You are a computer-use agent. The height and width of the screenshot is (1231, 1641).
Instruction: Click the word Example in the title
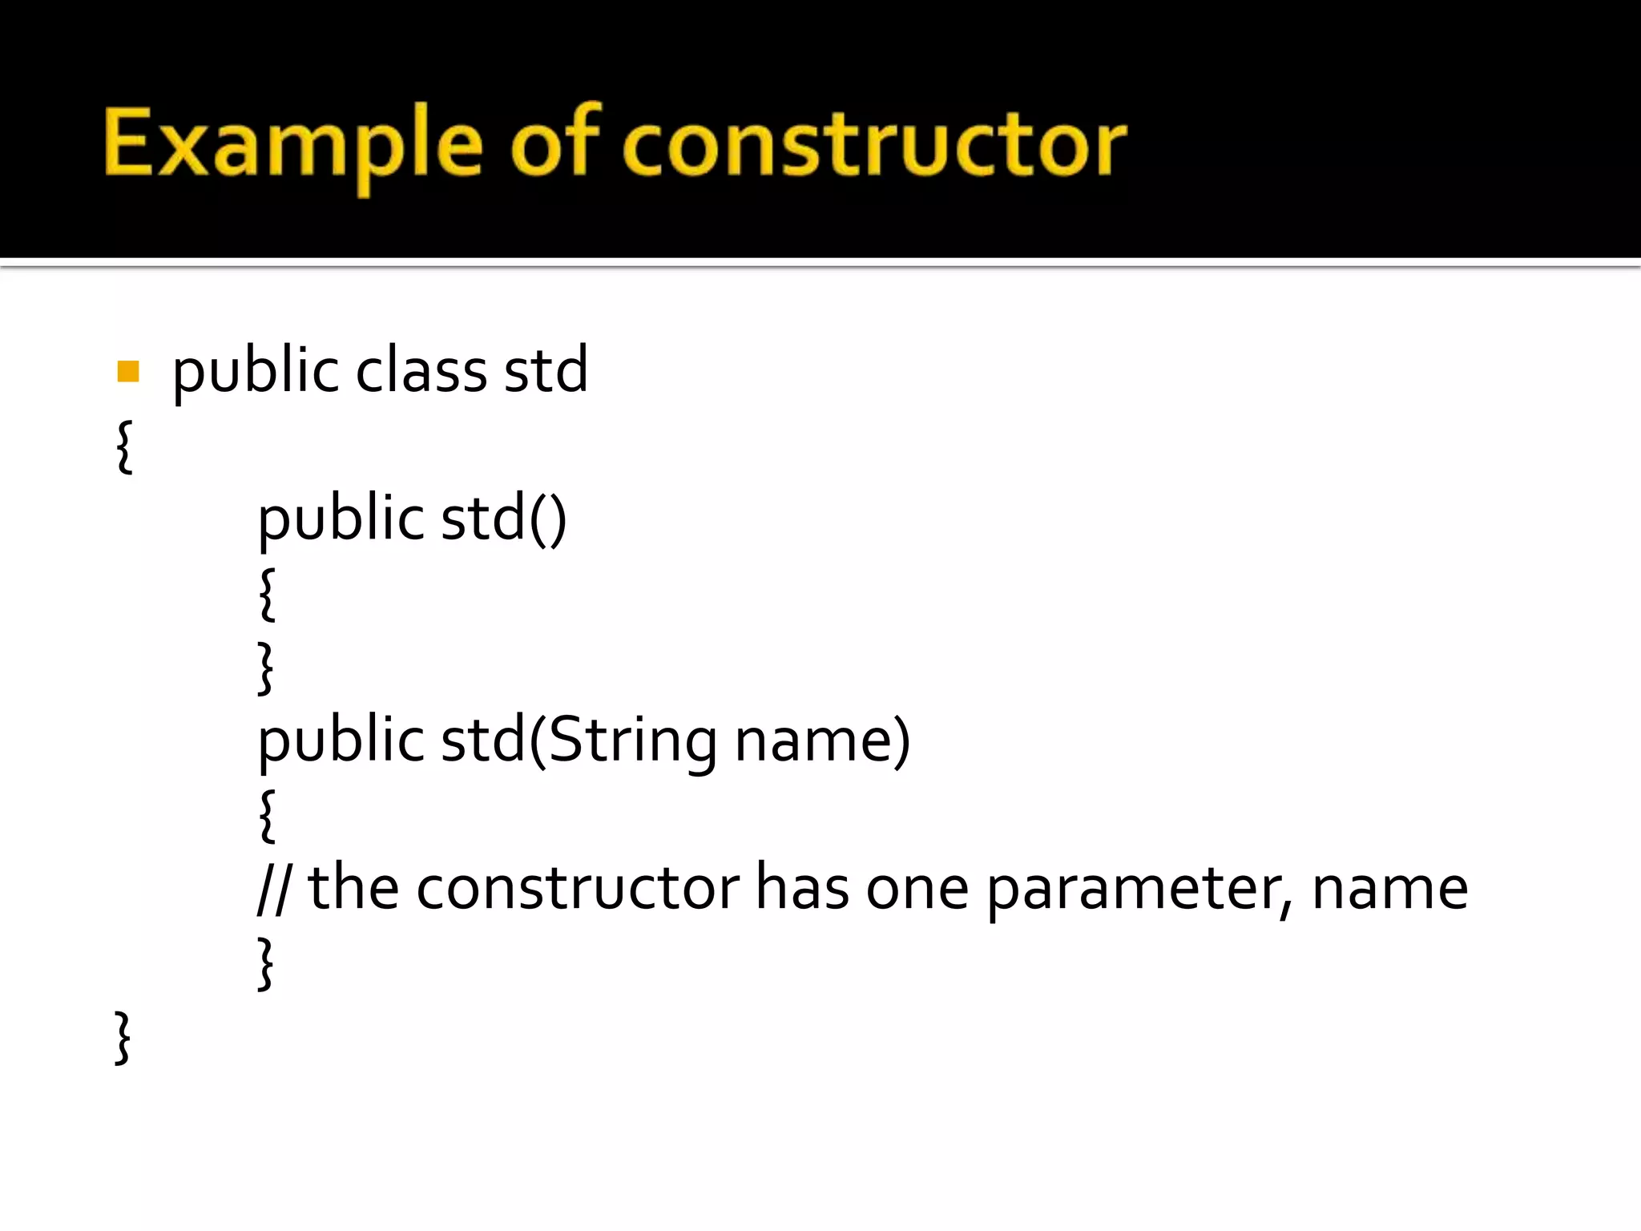(x=293, y=144)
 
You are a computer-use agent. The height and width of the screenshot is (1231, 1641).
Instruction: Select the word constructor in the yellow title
(x=874, y=144)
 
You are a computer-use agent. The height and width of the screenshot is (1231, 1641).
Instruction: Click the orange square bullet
(x=128, y=371)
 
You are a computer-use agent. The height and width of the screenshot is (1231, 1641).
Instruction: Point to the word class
(x=421, y=371)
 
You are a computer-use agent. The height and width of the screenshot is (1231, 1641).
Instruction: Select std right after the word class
(x=546, y=371)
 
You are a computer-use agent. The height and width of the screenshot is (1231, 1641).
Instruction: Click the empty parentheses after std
(x=548, y=519)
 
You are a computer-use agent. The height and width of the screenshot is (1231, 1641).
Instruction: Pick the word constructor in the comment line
(x=578, y=889)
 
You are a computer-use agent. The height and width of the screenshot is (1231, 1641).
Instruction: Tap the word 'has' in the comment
(x=802, y=889)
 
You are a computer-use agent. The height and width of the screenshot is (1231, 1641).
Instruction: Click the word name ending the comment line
(x=1390, y=889)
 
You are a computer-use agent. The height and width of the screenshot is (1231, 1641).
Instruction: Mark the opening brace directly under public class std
(x=124, y=446)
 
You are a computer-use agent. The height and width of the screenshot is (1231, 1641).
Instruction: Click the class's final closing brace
(x=123, y=1038)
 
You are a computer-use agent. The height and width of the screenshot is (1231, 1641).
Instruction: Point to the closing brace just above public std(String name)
(x=266, y=667)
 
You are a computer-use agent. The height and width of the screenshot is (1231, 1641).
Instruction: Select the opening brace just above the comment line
(x=268, y=815)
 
